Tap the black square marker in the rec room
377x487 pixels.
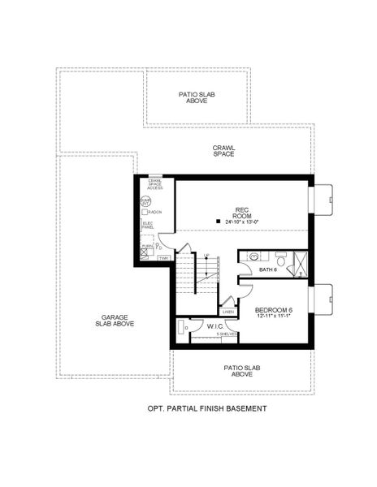click(217, 220)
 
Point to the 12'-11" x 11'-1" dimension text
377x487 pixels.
click(272, 317)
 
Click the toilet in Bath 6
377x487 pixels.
click(281, 260)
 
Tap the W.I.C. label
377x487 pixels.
click(215, 326)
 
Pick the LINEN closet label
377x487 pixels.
click(228, 312)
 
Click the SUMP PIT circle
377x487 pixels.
click(146, 200)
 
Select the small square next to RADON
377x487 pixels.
click(145, 212)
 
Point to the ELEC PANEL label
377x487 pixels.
click(148, 225)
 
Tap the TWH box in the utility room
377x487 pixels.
click(163, 258)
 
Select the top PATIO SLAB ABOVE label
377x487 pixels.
click(197, 97)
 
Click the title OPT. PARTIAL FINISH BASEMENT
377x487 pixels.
click(206, 408)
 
